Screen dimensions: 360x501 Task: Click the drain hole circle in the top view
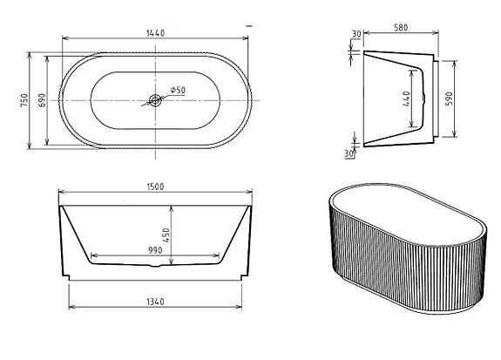click(x=156, y=100)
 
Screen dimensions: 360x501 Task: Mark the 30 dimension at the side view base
click(x=350, y=154)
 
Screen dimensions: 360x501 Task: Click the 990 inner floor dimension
click(x=156, y=250)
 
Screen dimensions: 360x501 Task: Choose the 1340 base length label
click(x=156, y=302)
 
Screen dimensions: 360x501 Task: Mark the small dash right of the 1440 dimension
click(x=250, y=27)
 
